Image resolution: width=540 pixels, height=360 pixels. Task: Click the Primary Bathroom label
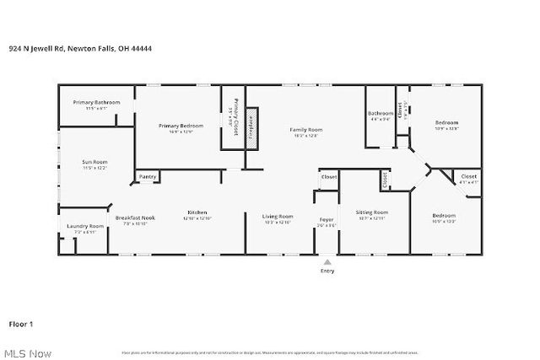[96, 102]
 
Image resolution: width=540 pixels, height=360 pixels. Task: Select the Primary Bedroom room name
[175, 126]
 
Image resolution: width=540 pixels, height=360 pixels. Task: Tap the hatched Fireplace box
[251, 127]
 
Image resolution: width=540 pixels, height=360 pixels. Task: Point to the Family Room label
[305, 130]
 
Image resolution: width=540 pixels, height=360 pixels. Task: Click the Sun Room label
[94, 162]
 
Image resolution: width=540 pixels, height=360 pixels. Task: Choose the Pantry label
[148, 176]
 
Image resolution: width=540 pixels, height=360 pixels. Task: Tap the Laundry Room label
[85, 226]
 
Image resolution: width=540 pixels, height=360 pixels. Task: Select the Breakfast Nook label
[135, 218]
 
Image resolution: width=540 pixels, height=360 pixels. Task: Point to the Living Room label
[277, 217]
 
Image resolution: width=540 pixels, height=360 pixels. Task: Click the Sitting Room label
[371, 212]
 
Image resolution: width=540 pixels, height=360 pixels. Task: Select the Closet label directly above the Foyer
[328, 177]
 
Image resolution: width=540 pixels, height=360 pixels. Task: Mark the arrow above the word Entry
[327, 262]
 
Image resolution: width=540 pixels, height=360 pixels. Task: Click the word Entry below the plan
[327, 271]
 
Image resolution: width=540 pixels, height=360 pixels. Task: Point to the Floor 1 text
[21, 324]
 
